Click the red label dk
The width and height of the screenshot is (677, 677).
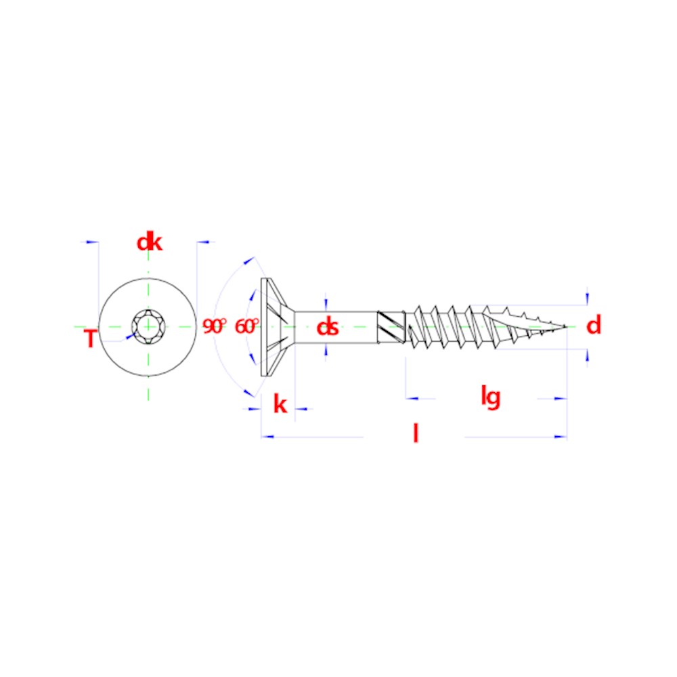pyautogui.click(x=150, y=242)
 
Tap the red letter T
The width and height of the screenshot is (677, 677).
pyautogui.click(x=90, y=338)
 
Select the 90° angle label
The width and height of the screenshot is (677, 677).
pyautogui.click(x=215, y=326)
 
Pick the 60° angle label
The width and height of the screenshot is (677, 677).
pyautogui.click(x=246, y=326)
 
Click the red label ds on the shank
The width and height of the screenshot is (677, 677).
pyautogui.click(x=327, y=327)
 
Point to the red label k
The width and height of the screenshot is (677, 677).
pyautogui.click(x=280, y=405)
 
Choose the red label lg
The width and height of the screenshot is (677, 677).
pyautogui.click(x=490, y=397)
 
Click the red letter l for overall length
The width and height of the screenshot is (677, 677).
pyautogui.click(x=416, y=433)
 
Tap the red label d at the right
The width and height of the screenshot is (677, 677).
pyautogui.click(x=594, y=325)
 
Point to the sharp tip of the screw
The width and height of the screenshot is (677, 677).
pyautogui.click(x=566, y=326)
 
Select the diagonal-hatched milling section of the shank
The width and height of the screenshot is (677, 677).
pyautogui.click(x=391, y=327)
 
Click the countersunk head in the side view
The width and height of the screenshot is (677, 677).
pyautogui.click(x=277, y=327)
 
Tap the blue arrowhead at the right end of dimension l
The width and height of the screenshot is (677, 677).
pyautogui.click(x=561, y=437)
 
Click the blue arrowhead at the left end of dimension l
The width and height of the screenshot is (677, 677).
pyautogui.click(x=267, y=437)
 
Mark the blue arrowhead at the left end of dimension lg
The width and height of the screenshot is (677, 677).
pyautogui.click(x=412, y=399)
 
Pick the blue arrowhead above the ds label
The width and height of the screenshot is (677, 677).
pyautogui.click(x=326, y=305)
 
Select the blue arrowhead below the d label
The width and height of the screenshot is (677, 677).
pyautogui.click(x=587, y=355)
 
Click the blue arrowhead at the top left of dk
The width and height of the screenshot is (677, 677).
pyautogui.click(x=92, y=242)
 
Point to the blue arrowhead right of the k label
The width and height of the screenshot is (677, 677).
pyautogui.click(x=301, y=409)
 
